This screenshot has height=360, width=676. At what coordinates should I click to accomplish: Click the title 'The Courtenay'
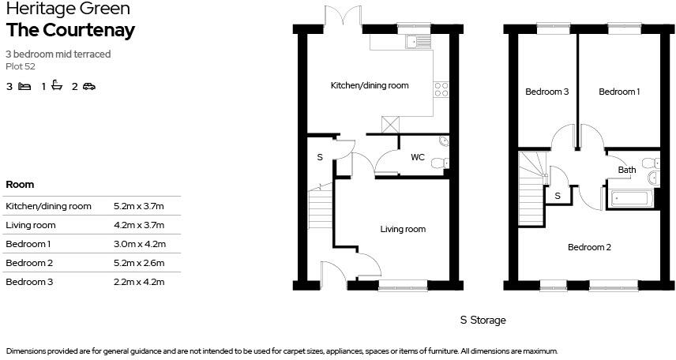(x=70, y=30)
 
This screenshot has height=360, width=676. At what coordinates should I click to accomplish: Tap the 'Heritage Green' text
(x=57, y=9)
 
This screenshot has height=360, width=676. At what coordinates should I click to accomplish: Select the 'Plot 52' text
(x=21, y=66)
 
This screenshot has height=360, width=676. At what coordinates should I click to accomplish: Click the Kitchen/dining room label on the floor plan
(x=369, y=85)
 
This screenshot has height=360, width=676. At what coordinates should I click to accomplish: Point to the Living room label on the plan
(x=403, y=230)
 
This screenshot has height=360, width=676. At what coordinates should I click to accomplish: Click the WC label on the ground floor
(x=417, y=157)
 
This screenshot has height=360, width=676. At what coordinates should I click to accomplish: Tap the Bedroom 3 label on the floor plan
(x=547, y=92)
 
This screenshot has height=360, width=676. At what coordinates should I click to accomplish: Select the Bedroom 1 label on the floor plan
(x=618, y=92)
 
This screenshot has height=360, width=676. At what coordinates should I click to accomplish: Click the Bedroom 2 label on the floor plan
(x=589, y=247)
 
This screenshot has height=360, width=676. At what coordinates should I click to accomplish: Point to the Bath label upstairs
(x=627, y=170)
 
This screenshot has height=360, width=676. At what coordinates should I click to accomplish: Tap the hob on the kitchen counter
(x=441, y=90)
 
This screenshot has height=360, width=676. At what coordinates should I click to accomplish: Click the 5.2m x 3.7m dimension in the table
(x=138, y=206)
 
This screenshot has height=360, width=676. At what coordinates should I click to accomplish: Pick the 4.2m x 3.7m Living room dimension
(x=138, y=225)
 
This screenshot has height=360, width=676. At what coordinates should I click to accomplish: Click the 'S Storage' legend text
(x=483, y=321)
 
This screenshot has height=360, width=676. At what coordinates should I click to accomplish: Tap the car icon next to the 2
(x=88, y=87)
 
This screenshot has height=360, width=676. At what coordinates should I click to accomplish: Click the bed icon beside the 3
(x=24, y=87)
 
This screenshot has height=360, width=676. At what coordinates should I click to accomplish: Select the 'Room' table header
(x=20, y=185)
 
